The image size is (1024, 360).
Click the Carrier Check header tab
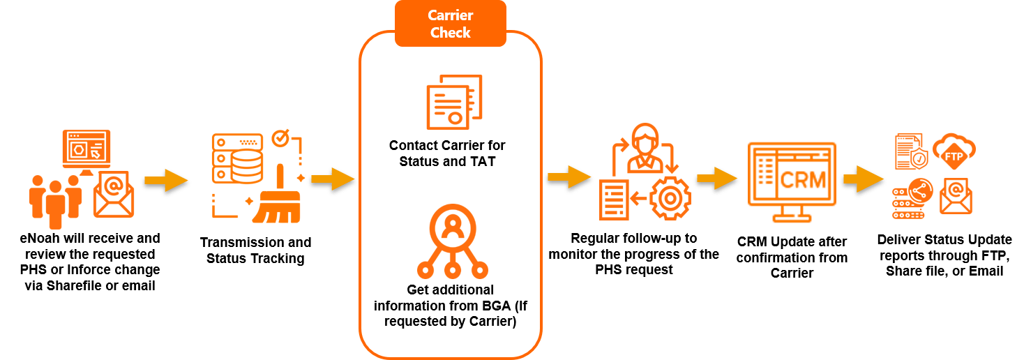click(x=450, y=24)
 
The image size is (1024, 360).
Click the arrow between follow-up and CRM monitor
click(x=715, y=178)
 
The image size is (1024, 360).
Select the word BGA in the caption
click(x=478, y=306)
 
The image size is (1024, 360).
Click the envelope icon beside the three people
click(x=115, y=193)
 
